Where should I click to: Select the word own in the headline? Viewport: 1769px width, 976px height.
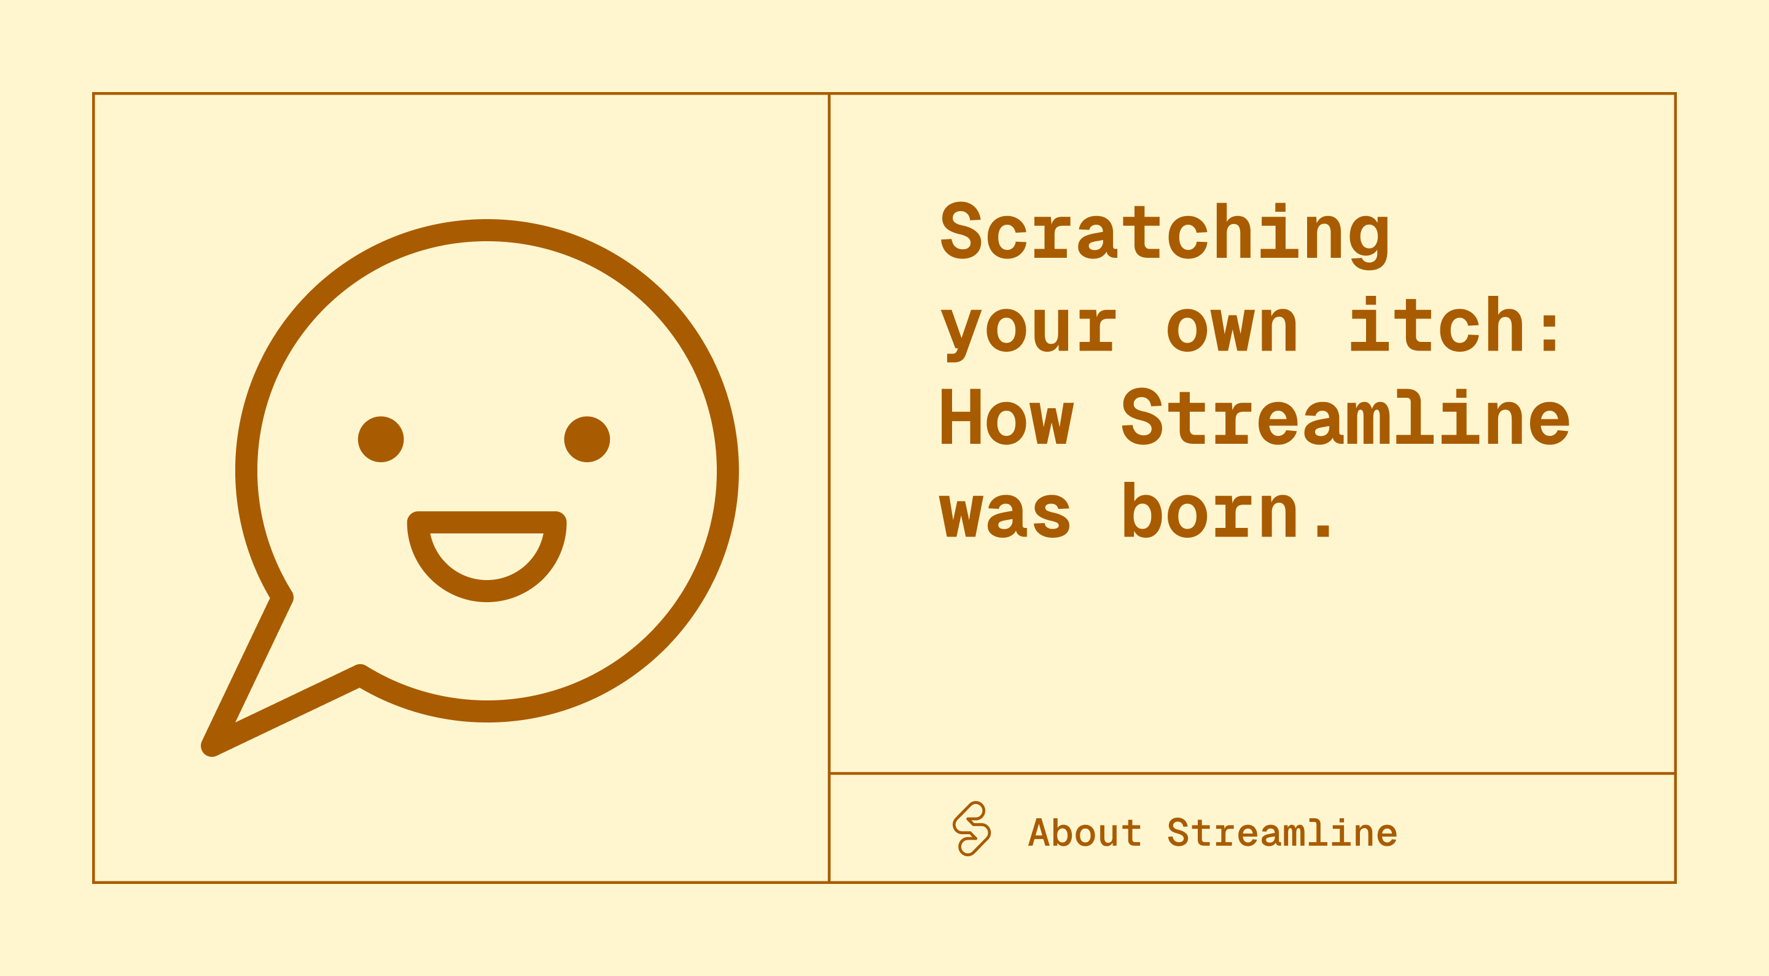point(1232,327)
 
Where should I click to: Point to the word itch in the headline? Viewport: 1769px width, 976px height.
point(1437,323)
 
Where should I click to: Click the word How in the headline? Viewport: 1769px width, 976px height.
point(1007,417)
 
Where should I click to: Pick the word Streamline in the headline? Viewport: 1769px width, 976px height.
point(1345,416)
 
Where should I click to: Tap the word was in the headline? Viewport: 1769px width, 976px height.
point(1005,513)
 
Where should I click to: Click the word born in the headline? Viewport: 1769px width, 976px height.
point(1209,510)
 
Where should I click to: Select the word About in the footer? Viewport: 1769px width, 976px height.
point(1084,832)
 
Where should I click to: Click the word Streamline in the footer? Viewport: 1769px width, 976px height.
point(1282,832)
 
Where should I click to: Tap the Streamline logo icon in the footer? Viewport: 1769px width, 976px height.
point(971,829)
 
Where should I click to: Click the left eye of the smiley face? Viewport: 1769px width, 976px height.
point(381,440)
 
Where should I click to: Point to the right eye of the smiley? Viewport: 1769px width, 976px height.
point(587,440)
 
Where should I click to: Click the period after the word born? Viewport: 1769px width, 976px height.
point(1322,529)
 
